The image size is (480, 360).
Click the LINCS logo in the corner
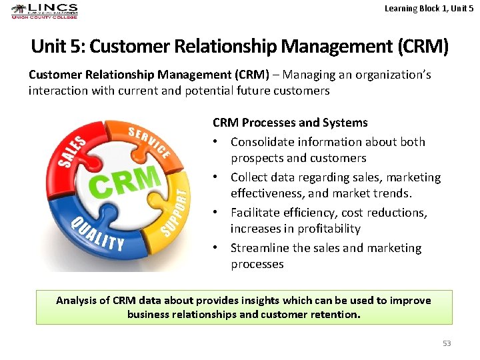[x=45, y=11]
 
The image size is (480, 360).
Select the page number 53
[x=447, y=343]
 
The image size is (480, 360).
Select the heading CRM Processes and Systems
[x=290, y=123]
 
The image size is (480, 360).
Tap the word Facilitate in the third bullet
[x=255, y=213]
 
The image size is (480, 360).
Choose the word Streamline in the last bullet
[x=260, y=248]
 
